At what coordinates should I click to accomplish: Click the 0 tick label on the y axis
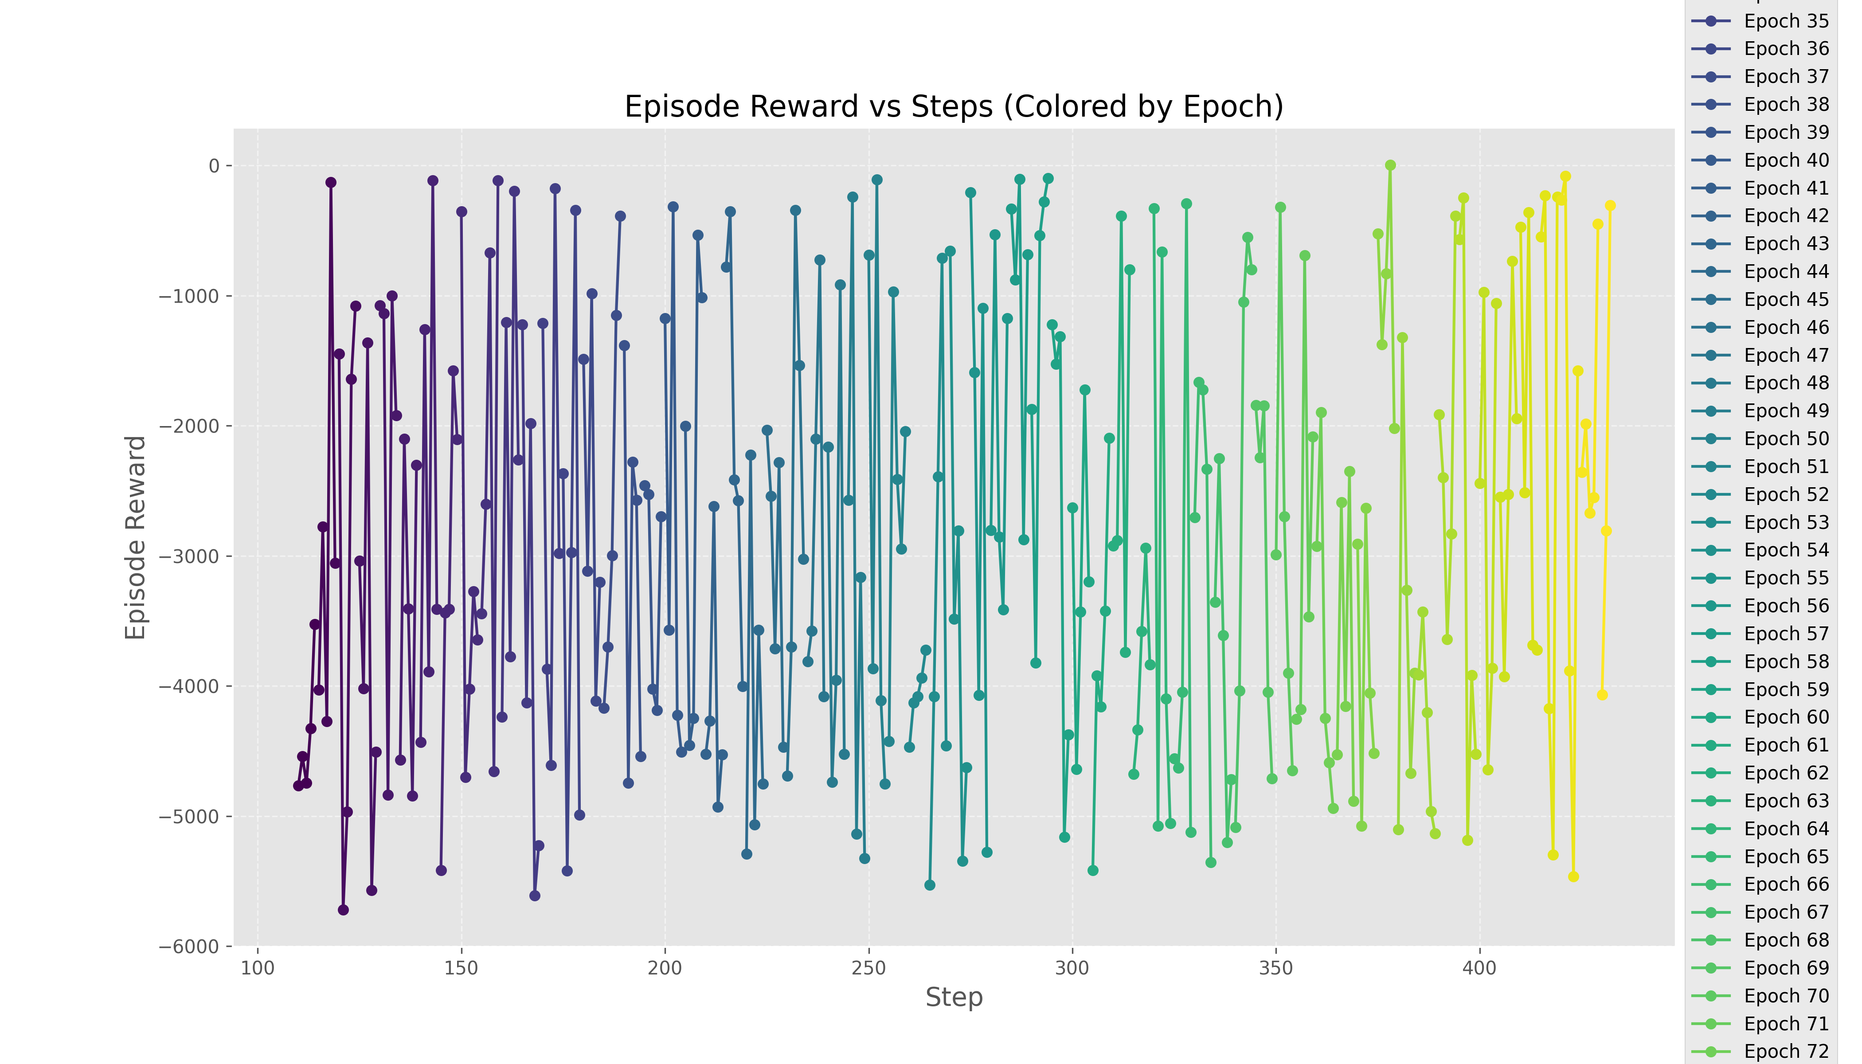click(x=213, y=166)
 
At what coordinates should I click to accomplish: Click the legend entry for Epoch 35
click(x=1785, y=21)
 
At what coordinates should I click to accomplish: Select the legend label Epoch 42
click(x=1785, y=215)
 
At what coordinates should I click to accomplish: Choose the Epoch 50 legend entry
click(x=1785, y=438)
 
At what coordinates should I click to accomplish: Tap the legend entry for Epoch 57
click(x=1785, y=634)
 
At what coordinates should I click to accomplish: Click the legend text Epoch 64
click(x=1785, y=829)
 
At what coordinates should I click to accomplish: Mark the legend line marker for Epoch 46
click(x=1711, y=327)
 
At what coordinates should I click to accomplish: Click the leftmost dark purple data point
click(x=298, y=786)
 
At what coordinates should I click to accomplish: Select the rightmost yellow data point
click(x=1610, y=206)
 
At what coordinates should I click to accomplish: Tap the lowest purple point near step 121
click(x=344, y=910)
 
